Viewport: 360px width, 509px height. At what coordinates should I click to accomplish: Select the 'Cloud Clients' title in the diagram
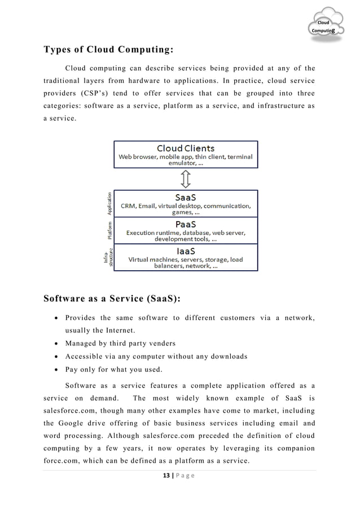(186, 148)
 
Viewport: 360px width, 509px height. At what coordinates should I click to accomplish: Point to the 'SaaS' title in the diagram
(186, 198)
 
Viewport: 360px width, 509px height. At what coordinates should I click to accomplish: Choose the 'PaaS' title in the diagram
(186, 224)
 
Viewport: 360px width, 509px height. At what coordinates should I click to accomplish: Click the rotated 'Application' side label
(110, 203)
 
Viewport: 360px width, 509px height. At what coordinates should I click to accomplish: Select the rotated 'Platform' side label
(110, 230)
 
